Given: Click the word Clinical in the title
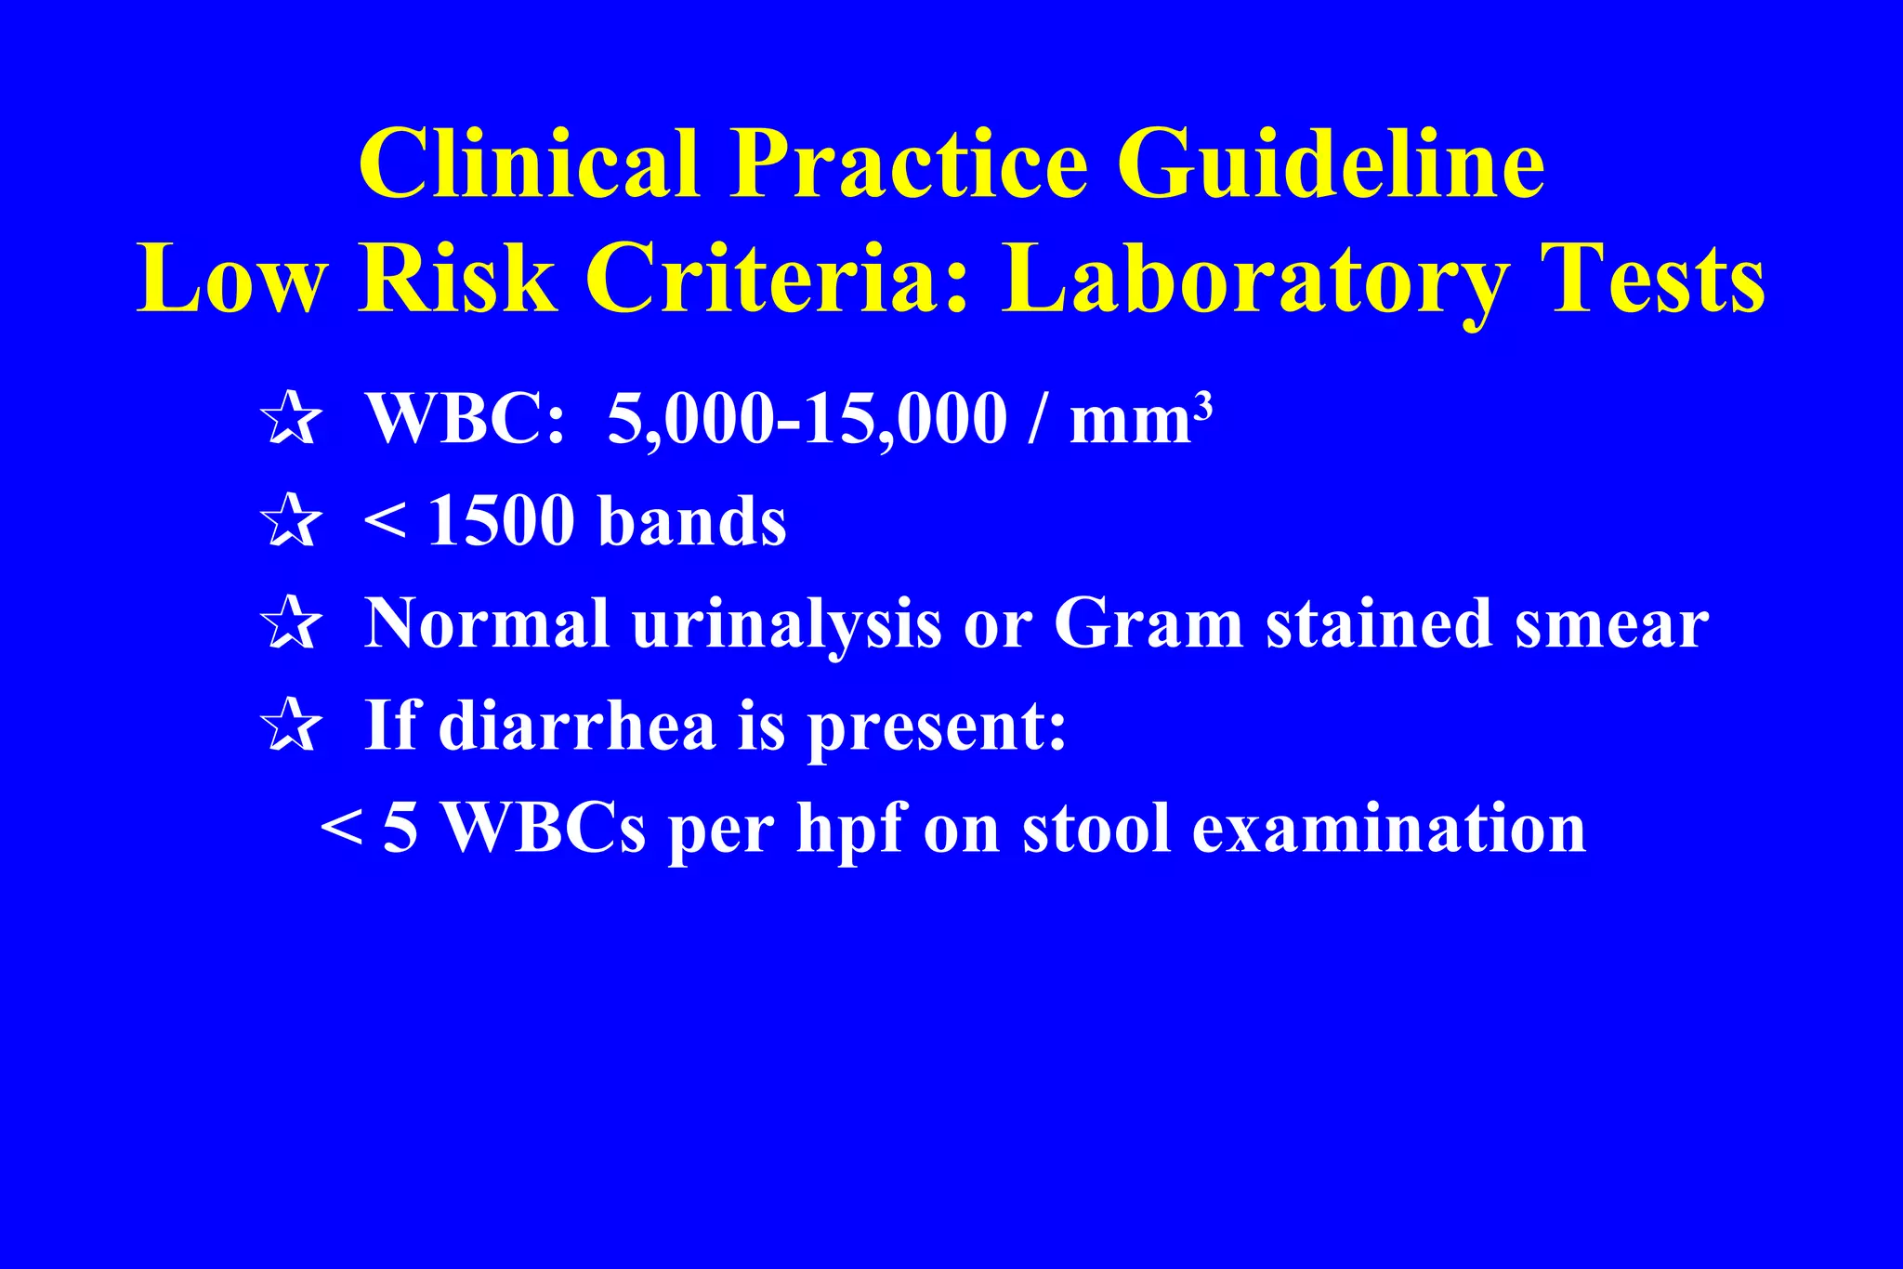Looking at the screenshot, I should tap(530, 164).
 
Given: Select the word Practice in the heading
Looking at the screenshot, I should tap(908, 164).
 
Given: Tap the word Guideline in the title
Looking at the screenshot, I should tap(1331, 164).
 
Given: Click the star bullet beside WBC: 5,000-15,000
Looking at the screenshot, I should tap(292, 419).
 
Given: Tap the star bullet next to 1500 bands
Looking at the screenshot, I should tap(292, 521).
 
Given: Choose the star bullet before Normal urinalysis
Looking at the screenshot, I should tap(292, 623).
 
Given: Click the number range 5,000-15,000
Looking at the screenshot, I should tap(807, 419).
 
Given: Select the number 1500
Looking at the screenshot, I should tap(502, 521).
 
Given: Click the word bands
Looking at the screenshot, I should tap(692, 521).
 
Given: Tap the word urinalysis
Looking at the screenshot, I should tap(786, 625).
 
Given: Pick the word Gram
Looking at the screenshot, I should tap(1148, 623).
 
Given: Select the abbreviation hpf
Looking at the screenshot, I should tap(849, 830).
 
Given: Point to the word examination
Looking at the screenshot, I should tap(1388, 828).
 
